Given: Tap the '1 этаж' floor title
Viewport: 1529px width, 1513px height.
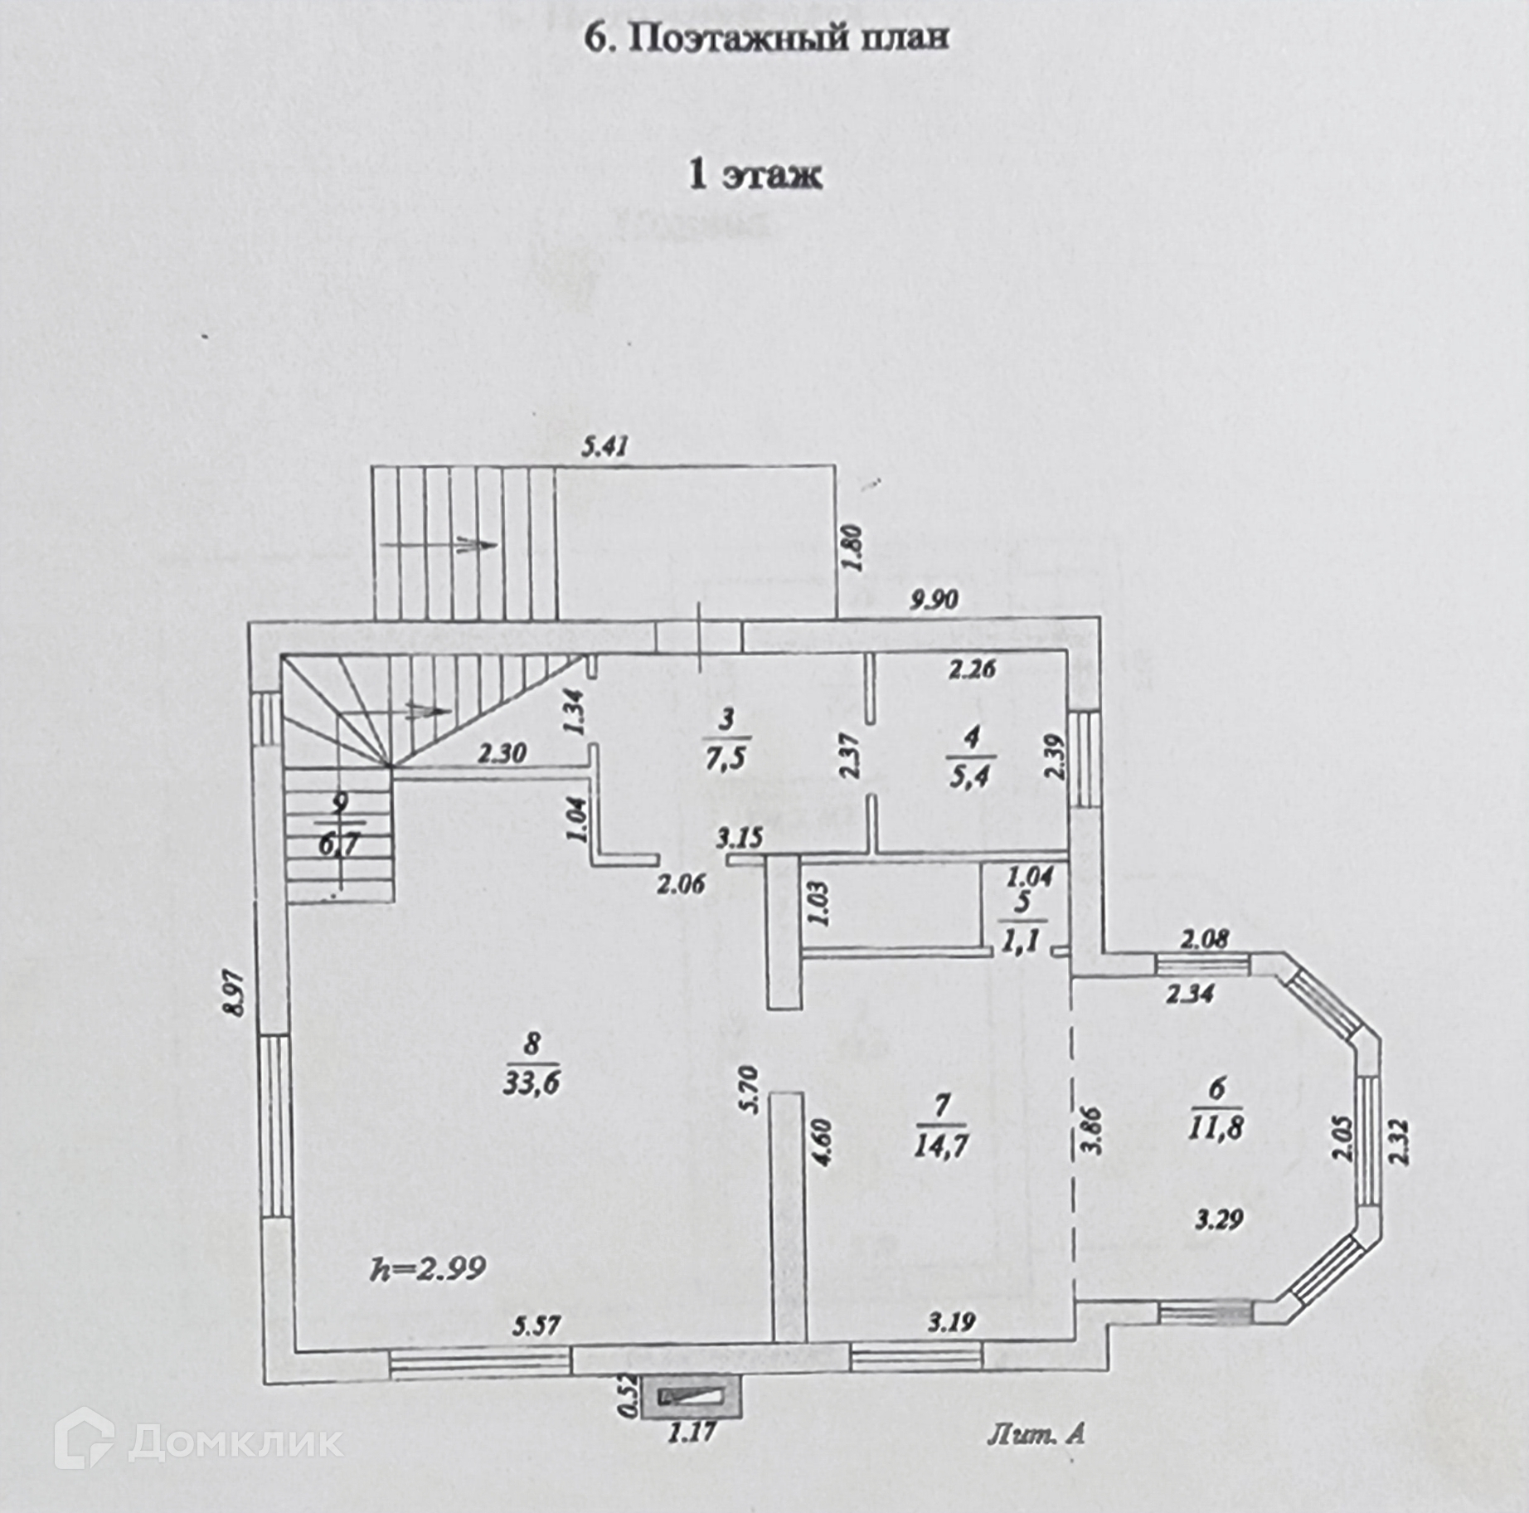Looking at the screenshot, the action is [755, 175].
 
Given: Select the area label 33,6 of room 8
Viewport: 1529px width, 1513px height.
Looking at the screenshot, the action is [532, 1082].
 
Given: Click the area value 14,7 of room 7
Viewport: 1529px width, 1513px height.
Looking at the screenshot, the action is [940, 1146].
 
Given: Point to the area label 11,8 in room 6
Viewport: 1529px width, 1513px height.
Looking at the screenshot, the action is [1215, 1128].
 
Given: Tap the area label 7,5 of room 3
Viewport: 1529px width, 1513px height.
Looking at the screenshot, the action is [726, 758].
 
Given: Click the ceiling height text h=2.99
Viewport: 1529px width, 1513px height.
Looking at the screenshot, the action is [428, 1267].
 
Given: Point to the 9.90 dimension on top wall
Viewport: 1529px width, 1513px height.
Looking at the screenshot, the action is [934, 599].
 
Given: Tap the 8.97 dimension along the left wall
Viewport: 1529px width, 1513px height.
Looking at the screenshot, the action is [239, 994].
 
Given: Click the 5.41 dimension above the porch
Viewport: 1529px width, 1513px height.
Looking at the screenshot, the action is [605, 447].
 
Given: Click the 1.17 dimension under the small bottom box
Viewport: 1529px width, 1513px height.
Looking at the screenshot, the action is [692, 1432].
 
